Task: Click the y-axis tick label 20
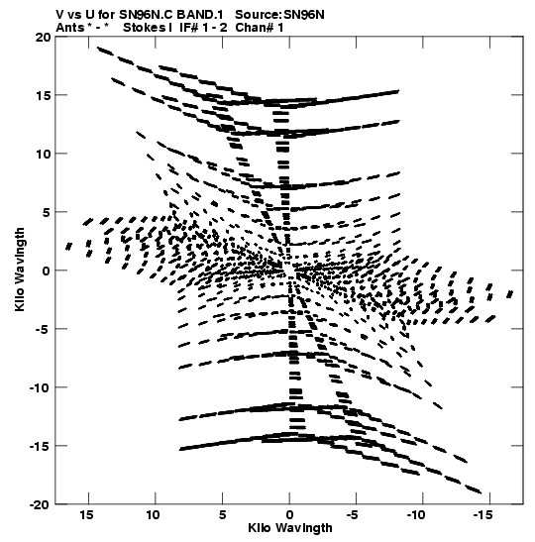coord(43,37)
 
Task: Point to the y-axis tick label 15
coord(43,95)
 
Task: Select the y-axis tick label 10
coord(43,154)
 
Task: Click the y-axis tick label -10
coord(38,387)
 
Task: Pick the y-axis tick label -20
coord(38,504)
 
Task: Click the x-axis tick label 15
coord(87,515)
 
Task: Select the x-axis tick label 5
coord(223,515)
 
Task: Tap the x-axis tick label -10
coord(418,515)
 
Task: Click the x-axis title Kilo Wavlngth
coord(290,528)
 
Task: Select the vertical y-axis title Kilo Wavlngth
coord(20,270)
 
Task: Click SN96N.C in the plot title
coord(147,15)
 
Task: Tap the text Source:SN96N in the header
coord(279,15)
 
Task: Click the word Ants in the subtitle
coord(70,28)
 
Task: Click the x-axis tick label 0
coord(289,515)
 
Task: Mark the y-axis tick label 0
coord(47,271)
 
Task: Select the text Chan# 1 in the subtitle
coord(260,28)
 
